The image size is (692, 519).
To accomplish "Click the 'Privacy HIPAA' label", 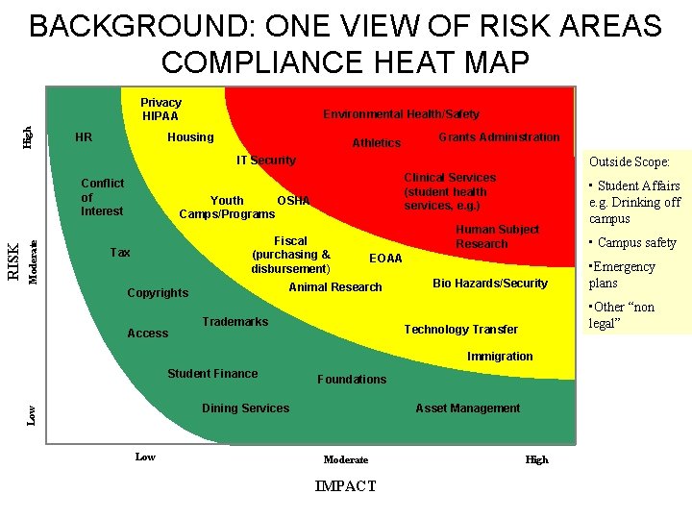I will coord(161,110).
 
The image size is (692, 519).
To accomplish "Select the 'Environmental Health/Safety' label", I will coord(401,114).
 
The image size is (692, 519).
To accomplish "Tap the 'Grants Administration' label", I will coord(499,137).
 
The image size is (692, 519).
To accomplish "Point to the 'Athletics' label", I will coord(376,143).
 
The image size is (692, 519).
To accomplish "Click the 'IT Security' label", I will coord(266,161).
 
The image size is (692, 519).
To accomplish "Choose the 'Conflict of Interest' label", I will coord(102,197).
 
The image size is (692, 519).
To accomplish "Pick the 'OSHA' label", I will coord(293,201).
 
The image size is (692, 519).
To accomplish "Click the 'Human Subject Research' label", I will coord(497,236).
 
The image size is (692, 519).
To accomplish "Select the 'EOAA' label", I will coord(385,259).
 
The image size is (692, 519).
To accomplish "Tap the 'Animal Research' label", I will coord(335,287).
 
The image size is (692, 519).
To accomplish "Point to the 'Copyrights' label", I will coord(158,293).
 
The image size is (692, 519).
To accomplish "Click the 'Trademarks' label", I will coord(235,322).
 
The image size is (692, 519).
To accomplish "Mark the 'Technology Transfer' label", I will coord(460,330).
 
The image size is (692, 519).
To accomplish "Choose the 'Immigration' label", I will coord(500,357).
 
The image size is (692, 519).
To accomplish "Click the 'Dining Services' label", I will coord(245,408).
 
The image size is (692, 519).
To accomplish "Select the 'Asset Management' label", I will coord(467,408).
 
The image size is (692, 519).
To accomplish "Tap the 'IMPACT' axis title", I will coord(345,486).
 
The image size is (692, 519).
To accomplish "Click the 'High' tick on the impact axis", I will coord(536,459).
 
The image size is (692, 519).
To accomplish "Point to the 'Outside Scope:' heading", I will coord(629,162).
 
